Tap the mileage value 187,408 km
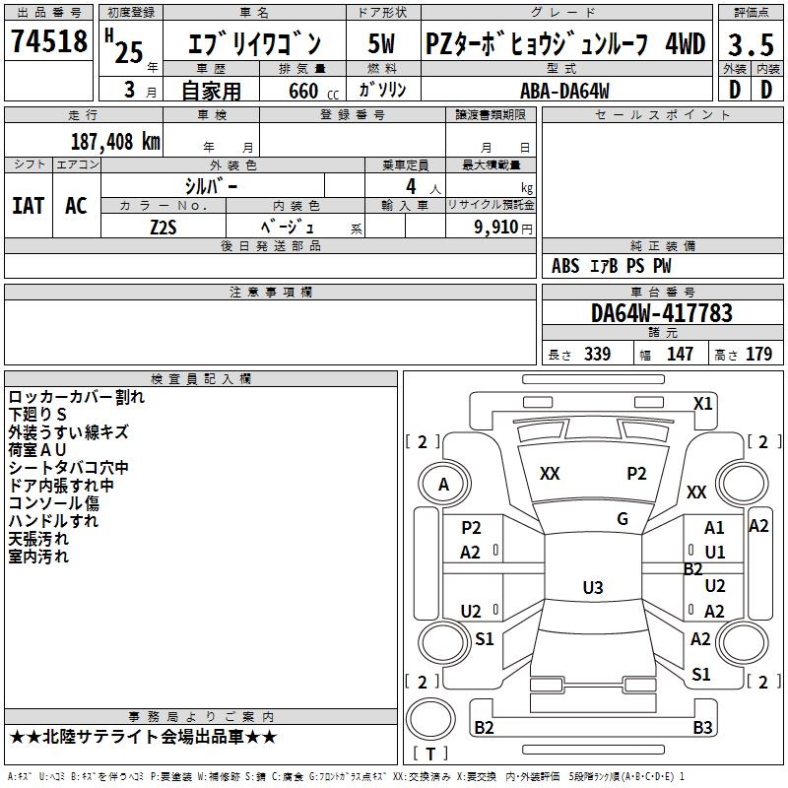[x=115, y=141]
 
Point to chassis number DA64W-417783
[x=662, y=313]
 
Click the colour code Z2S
[x=163, y=226]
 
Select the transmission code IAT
[x=28, y=205]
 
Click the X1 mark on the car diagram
[x=702, y=403]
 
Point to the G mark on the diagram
[x=622, y=519]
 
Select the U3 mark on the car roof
[x=592, y=588]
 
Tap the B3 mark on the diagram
[x=702, y=728]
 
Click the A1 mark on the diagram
[x=714, y=529]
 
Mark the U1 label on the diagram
[x=715, y=552]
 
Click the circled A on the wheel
[x=443, y=485]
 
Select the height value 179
[x=759, y=355]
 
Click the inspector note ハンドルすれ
[x=53, y=521]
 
